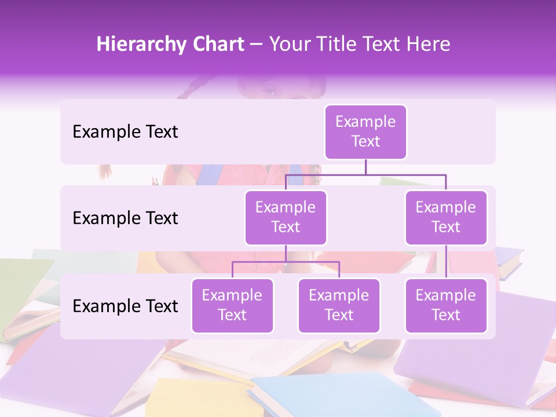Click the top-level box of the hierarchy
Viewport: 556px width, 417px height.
(365, 132)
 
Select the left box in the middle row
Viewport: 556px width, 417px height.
(286, 217)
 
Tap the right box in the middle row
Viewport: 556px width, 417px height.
(446, 217)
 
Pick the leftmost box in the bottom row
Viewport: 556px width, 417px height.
(232, 305)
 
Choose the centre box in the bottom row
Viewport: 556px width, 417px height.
(339, 305)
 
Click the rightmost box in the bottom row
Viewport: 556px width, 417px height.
(446, 305)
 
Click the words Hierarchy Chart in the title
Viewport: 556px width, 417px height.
(170, 45)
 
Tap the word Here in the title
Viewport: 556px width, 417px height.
(429, 45)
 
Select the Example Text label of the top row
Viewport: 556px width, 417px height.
(125, 132)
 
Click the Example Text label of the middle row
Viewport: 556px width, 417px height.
(125, 218)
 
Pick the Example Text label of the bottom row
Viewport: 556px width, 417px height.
(125, 306)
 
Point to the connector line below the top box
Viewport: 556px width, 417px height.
(365, 167)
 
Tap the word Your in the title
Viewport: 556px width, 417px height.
(288, 45)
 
